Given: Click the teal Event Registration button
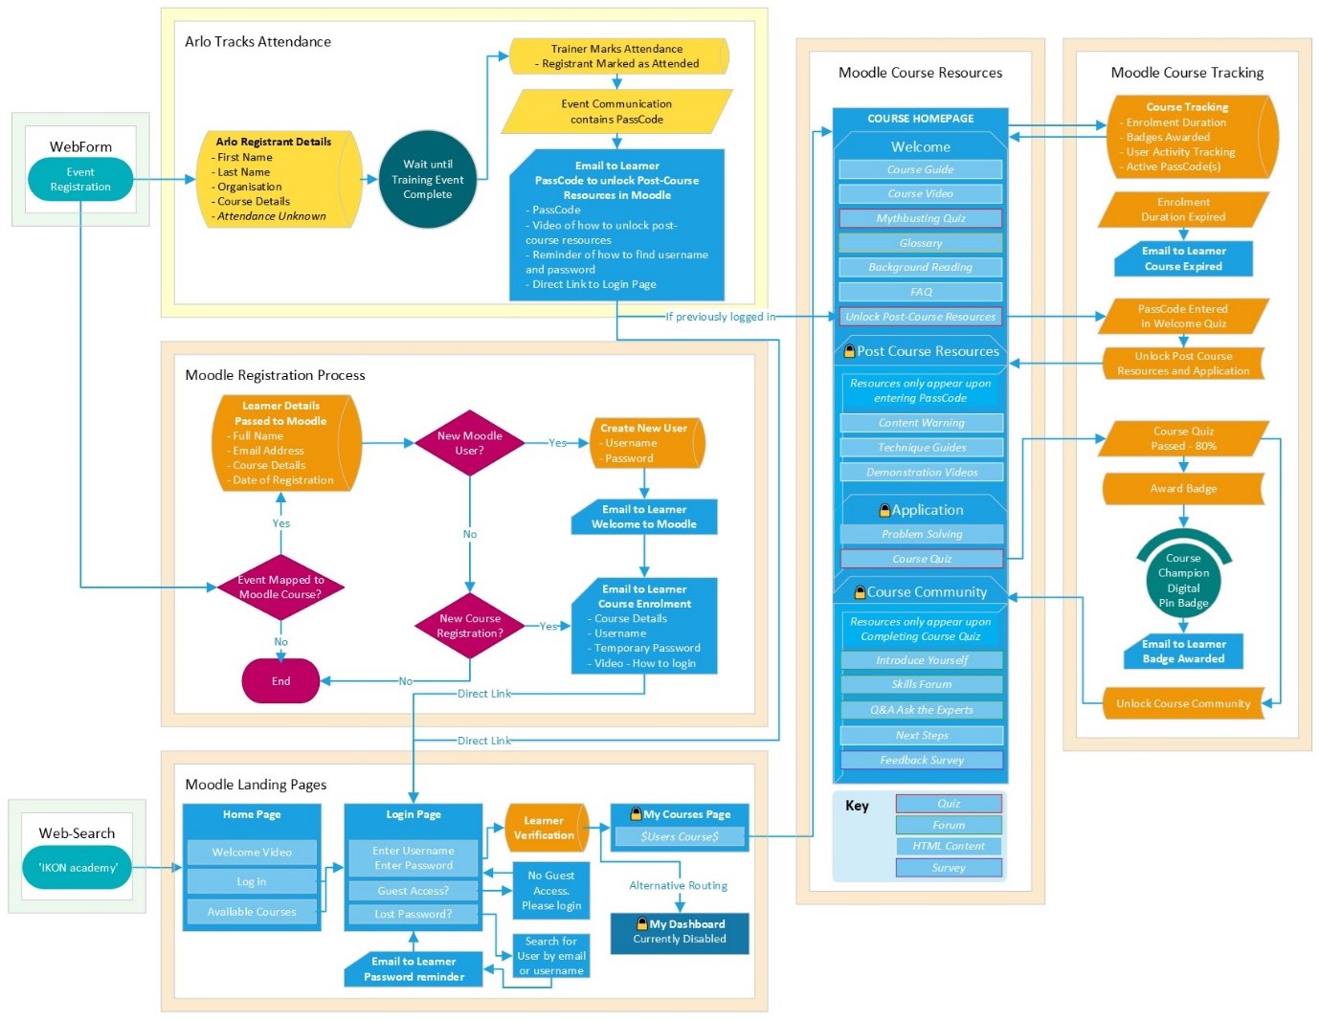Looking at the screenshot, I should coord(80,180).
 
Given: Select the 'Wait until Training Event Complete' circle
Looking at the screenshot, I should coord(427,180).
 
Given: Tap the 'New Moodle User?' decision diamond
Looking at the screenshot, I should coord(469,443).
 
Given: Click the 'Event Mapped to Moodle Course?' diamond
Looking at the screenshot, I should coord(280,588).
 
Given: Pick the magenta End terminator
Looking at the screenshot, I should coord(280,681).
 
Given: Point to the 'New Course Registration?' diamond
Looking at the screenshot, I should coord(469,626).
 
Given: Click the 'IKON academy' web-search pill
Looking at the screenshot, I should coord(78,868).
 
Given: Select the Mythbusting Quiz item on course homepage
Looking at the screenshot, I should coord(920,218).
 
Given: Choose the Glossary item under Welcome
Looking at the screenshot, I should coord(920,243).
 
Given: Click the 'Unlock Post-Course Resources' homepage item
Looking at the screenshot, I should coord(920,317).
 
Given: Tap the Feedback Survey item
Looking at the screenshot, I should coord(922,760).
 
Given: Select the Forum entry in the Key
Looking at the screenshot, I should coord(949,825).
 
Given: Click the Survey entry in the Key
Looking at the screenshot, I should coord(949,868).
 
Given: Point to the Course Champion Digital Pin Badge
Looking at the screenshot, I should coord(1183,580).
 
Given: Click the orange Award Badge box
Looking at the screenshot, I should coord(1183,489).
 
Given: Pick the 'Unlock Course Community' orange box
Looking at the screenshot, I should coord(1183,703).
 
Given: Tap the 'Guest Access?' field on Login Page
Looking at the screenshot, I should coord(414,891).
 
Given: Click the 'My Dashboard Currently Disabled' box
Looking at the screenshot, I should coord(680,932).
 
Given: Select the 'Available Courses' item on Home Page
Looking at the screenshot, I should coord(252,912).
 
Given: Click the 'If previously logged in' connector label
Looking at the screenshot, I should coord(721,317).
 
